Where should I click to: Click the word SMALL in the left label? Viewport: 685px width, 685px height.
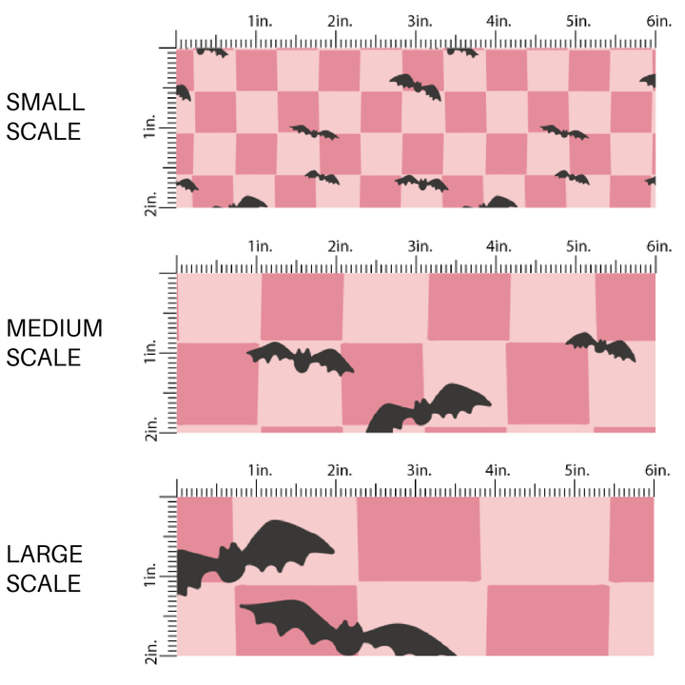[x=46, y=103]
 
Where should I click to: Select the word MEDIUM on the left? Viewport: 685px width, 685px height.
[x=54, y=328]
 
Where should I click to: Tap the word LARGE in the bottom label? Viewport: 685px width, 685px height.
[x=45, y=554]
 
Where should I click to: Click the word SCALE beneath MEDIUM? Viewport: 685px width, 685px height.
[x=44, y=358]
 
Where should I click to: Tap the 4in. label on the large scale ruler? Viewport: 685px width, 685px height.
[x=498, y=470]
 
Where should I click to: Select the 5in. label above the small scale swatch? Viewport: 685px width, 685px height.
[x=577, y=20]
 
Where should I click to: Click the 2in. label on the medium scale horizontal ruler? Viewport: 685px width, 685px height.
[x=337, y=245]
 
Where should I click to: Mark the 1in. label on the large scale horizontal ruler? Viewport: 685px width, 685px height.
[x=258, y=470]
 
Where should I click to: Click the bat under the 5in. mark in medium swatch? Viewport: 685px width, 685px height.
[x=601, y=346]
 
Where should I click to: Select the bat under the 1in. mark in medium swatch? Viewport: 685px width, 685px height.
[x=301, y=358]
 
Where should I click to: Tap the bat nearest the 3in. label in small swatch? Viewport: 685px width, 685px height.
[x=416, y=86]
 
